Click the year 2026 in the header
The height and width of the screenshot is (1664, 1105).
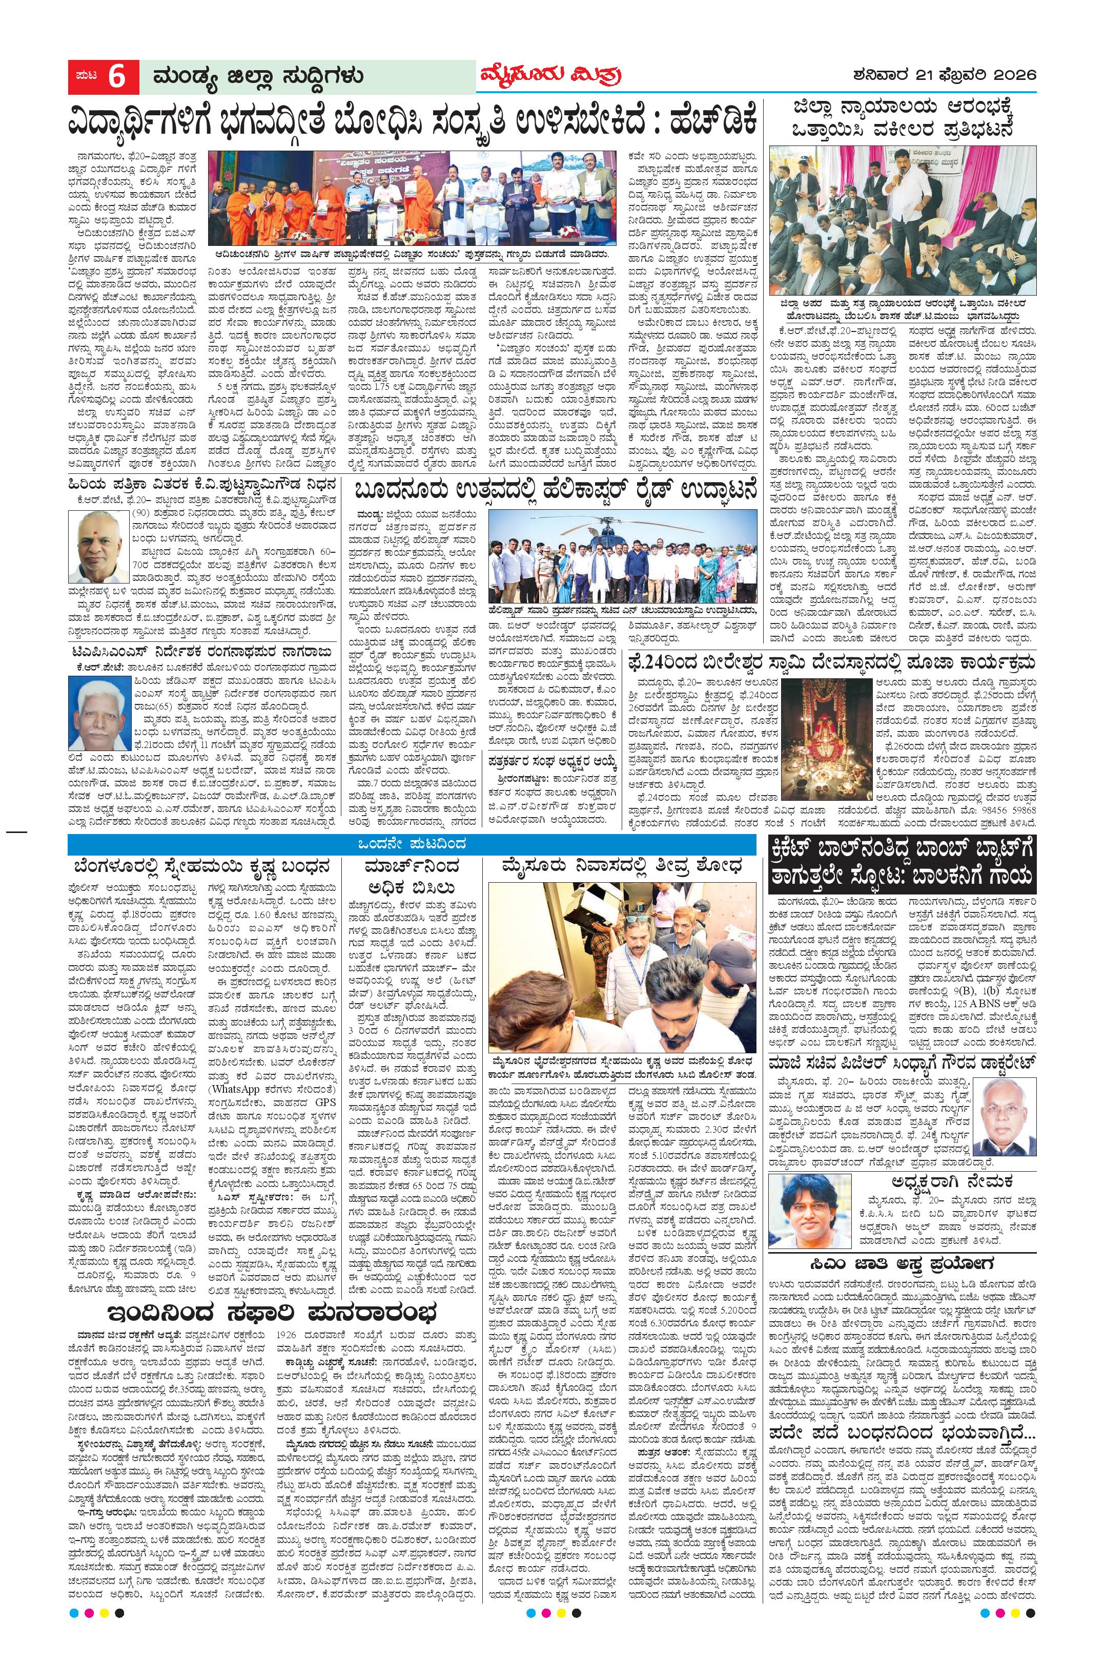pos(1013,75)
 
